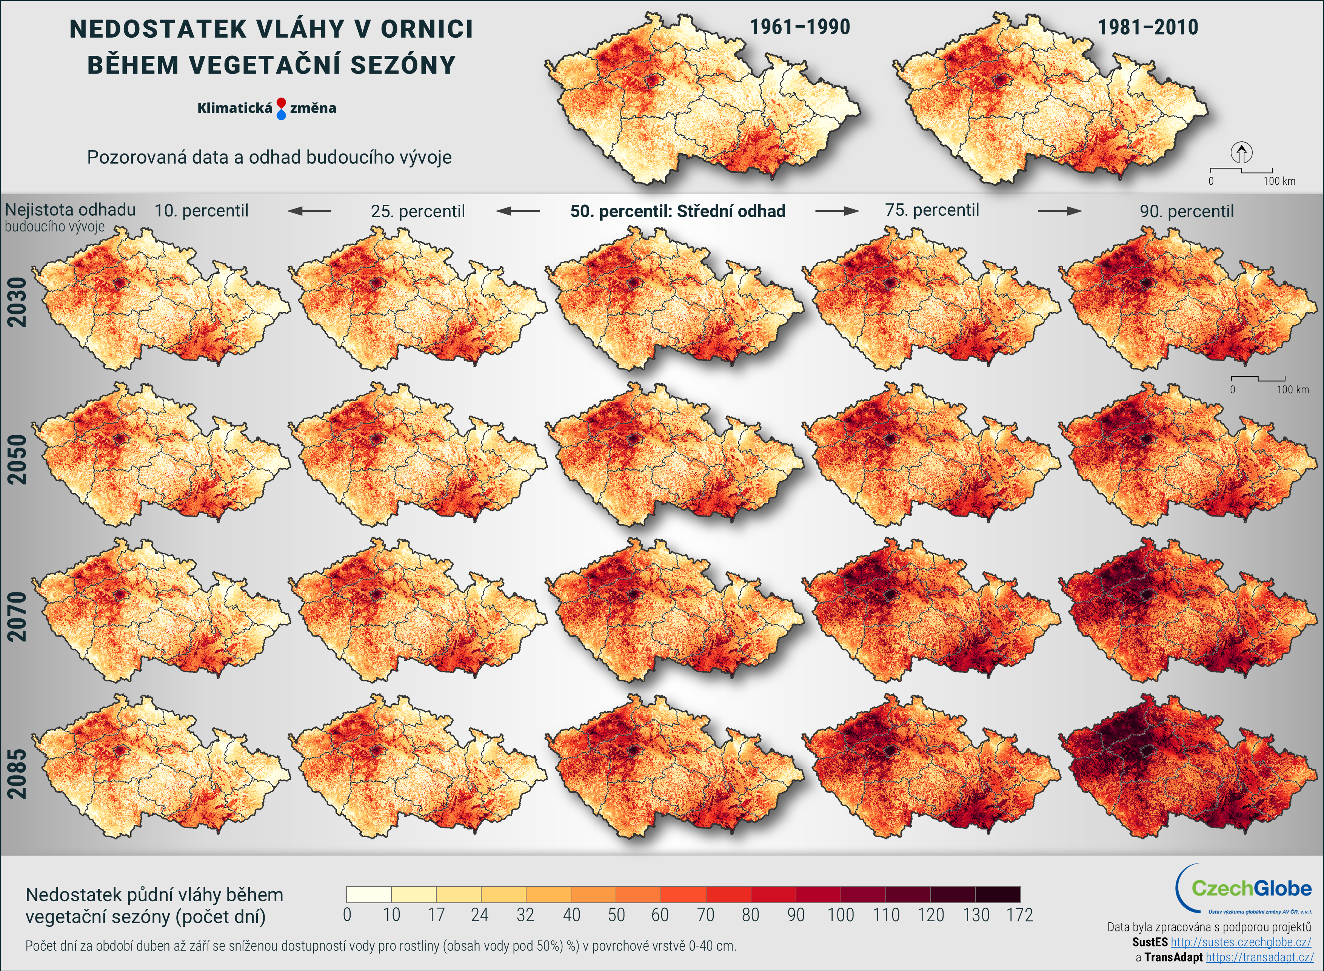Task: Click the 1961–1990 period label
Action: click(799, 27)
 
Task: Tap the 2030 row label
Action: click(17, 302)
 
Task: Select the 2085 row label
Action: click(17, 773)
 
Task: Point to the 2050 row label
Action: click(17, 459)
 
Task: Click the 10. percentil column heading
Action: click(201, 210)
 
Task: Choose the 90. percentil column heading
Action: click(1186, 211)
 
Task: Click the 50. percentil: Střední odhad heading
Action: click(677, 211)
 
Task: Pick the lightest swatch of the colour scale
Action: click(369, 894)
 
